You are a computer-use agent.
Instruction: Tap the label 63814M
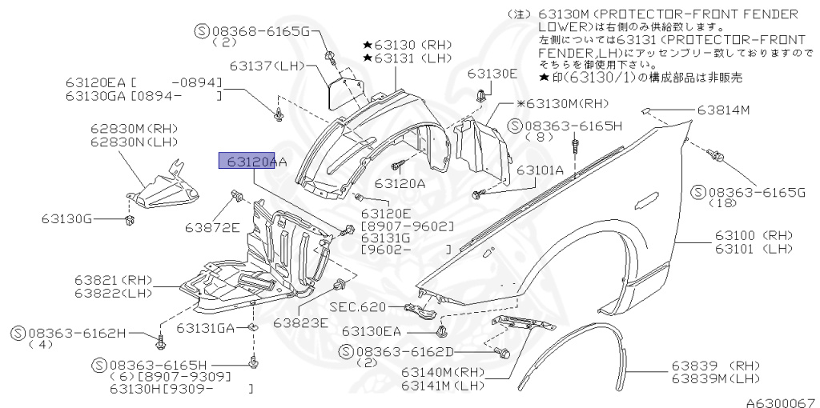click(723, 110)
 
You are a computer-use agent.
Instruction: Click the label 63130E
click(492, 74)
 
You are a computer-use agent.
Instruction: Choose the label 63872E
click(212, 227)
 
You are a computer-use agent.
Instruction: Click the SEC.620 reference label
click(357, 307)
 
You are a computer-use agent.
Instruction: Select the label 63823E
click(300, 323)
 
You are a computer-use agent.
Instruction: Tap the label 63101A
click(539, 170)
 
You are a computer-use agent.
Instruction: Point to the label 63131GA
click(206, 328)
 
